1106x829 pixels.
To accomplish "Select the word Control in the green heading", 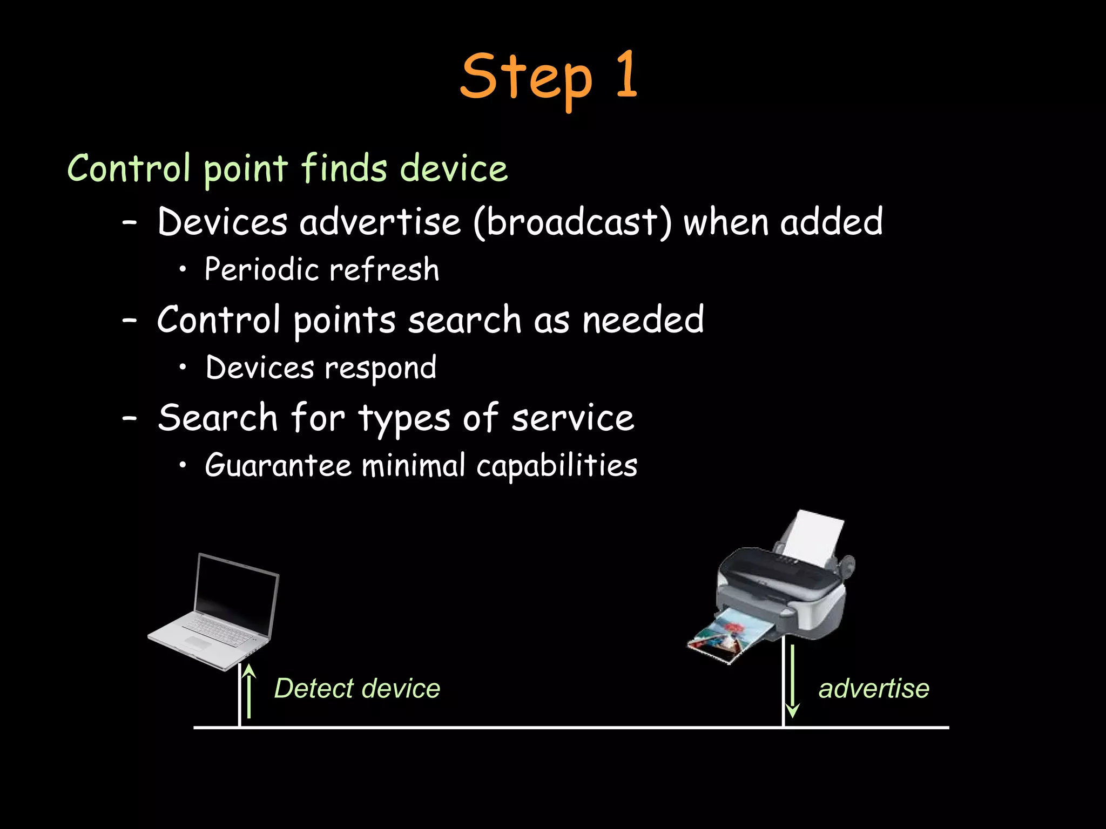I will point(129,168).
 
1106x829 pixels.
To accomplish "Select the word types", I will point(404,419).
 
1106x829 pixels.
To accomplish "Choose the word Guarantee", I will point(278,465).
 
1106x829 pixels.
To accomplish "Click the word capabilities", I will point(557,465).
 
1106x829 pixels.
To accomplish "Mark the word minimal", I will point(413,465).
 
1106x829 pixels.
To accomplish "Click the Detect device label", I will point(357,689).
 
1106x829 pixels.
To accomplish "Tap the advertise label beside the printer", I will point(874,689).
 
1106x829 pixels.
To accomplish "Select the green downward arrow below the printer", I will point(792,681).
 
